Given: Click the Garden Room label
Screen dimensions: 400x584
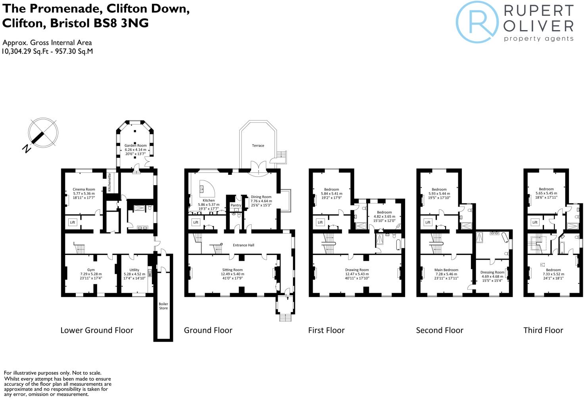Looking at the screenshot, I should pos(135,145).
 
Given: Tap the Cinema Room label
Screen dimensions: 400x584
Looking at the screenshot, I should pos(84,189).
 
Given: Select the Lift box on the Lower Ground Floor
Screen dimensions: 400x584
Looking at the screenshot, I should pos(73,222).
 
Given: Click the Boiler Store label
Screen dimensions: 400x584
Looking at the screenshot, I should pos(163,306).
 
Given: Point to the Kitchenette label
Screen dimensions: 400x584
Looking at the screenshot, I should pos(109,182).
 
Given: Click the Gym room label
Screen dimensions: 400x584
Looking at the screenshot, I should pos(91,270).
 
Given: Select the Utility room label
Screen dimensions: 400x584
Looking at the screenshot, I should pos(134,270).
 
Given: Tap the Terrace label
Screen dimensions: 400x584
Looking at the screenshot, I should pos(258,145).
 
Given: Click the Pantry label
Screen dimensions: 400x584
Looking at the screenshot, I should pos(236,205).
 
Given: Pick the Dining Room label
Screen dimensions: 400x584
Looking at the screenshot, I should pos(261,197).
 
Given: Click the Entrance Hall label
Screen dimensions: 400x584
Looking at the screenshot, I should pos(243,245).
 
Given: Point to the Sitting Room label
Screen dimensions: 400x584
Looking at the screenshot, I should pos(232,270).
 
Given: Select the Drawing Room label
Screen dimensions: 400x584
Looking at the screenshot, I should pos(357,270).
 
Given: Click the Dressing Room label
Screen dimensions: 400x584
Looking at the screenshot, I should pos(492,272).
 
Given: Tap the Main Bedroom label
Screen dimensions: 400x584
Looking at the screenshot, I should pos(446,270).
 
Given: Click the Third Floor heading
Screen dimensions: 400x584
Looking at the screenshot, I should pos(543,330).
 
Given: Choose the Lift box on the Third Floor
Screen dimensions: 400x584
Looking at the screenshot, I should pos(535,222).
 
